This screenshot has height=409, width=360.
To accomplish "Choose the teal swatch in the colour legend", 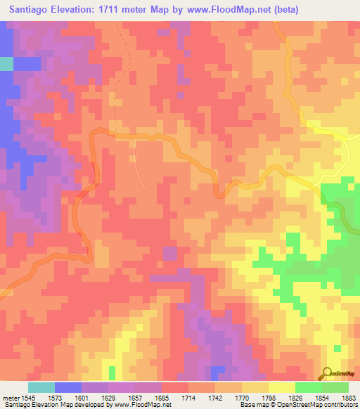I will tap(41, 387).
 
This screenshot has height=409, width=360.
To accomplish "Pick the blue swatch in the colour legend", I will tap(68, 387).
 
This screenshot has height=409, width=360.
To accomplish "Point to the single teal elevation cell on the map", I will tap(6, 63).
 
